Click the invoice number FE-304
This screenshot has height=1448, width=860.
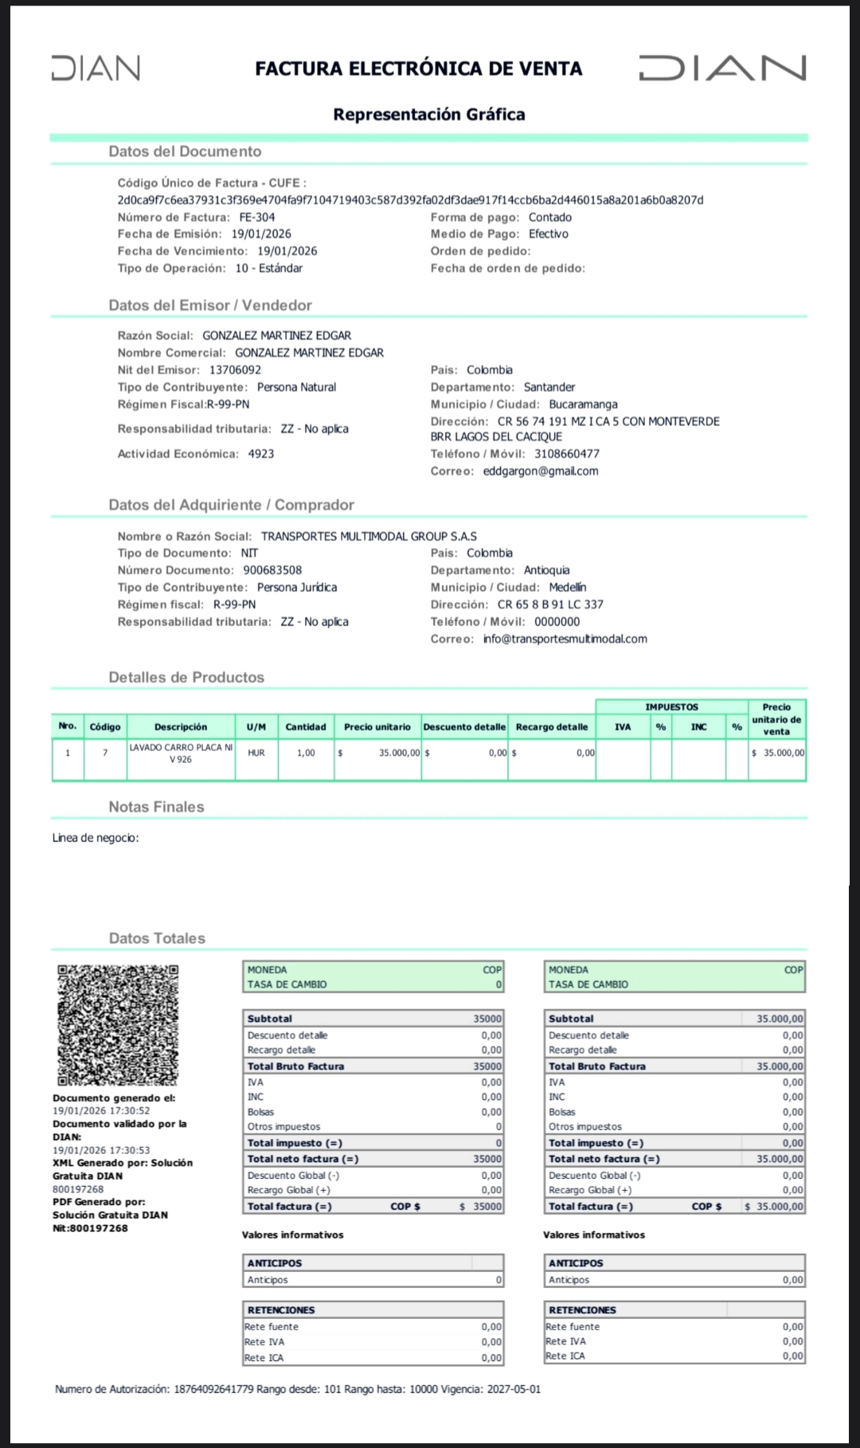click(x=257, y=217)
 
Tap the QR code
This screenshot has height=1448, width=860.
click(x=118, y=1025)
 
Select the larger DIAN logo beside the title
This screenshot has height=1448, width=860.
click(x=722, y=68)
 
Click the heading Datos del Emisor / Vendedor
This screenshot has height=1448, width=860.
click(x=210, y=305)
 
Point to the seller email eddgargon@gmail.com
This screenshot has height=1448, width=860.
click(x=540, y=471)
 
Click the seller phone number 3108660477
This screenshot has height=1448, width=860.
click(x=566, y=454)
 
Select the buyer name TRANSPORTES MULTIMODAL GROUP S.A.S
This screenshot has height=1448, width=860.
click(x=369, y=537)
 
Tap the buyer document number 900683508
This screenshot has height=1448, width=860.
click(x=272, y=570)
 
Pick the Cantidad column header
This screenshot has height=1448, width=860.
click(x=306, y=727)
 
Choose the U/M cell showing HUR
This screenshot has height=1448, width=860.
click(x=256, y=753)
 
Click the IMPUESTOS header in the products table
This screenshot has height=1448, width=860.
click(x=671, y=707)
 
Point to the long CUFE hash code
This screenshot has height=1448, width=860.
click(x=410, y=200)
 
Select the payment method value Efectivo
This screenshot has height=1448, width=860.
click(x=549, y=234)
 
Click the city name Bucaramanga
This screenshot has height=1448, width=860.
click(x=583, y=405)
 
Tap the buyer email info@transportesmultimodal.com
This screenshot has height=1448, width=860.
click(x=565, y=639)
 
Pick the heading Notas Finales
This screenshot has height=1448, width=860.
click(x=156, y=807)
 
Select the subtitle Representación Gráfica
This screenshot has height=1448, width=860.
click(x=429, y=115)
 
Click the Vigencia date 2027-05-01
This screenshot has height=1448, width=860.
click(x=514, y=1389)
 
